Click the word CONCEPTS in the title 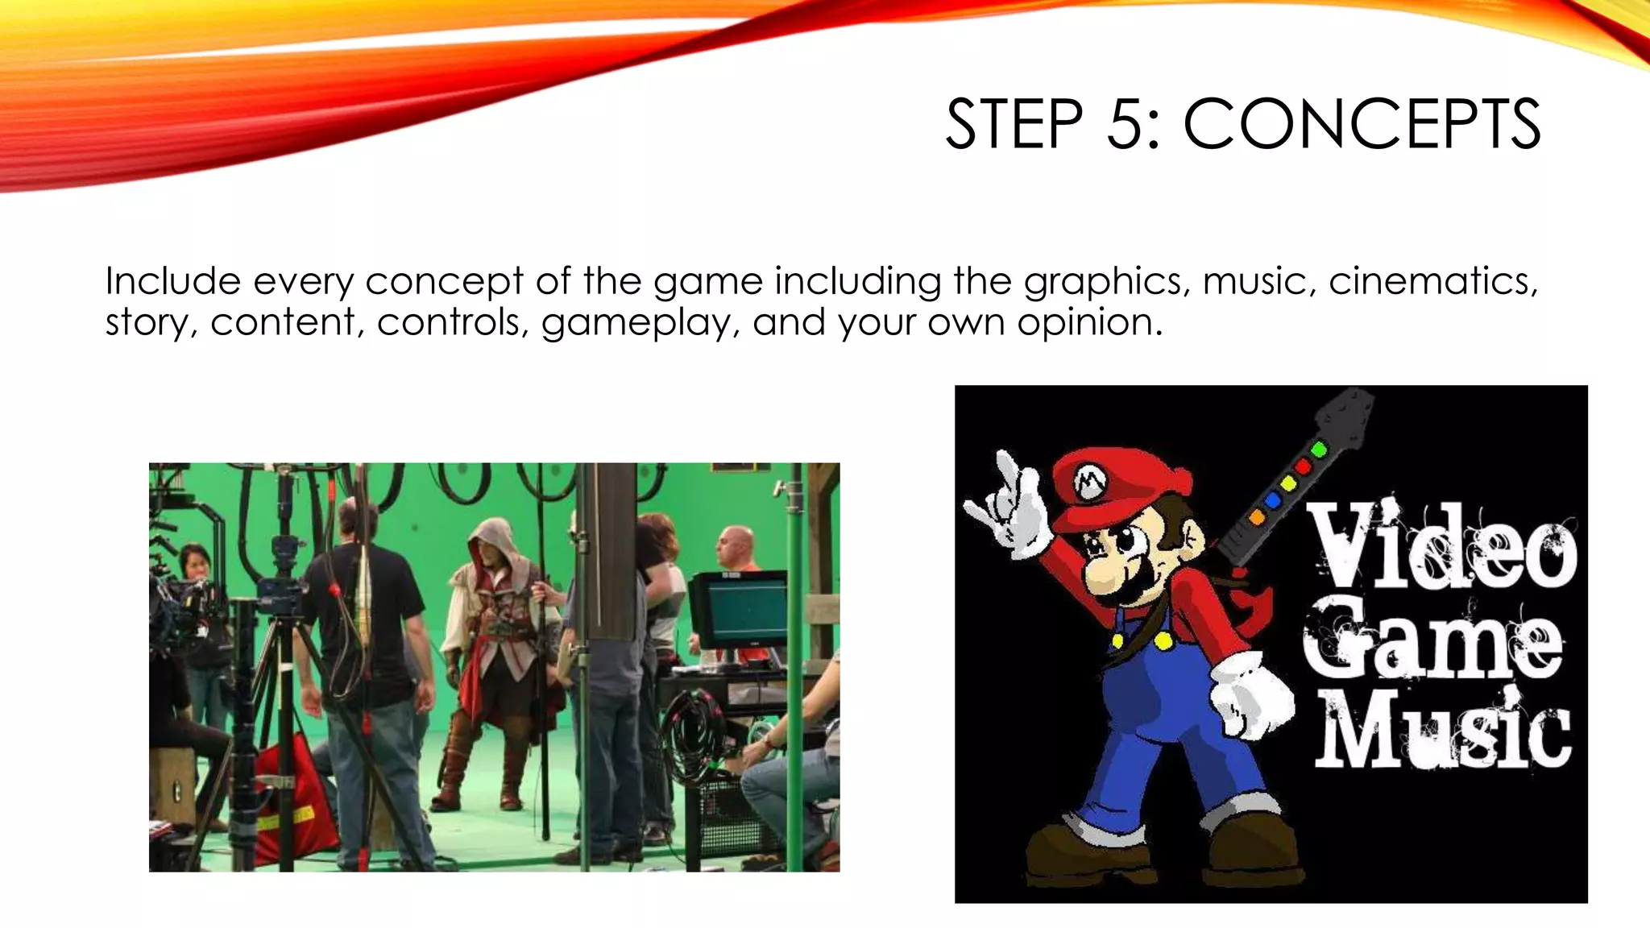(x=1362, y=125)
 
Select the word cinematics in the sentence (x=1432, y=281)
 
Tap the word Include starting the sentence (x=173, y=281)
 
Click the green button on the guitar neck (x=1319, y=449)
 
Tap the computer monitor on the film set (x=737, y=608)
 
